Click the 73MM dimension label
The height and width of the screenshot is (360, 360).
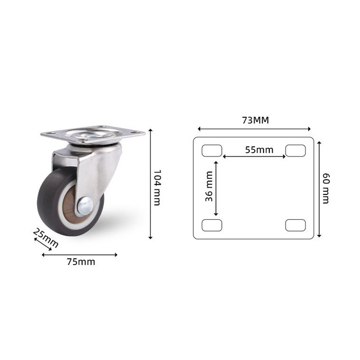pos(255,120)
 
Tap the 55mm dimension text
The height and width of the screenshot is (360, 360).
pos(259,150)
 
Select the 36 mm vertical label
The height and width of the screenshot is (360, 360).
pos(209,186)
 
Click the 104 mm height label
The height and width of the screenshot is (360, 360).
pos(157,188)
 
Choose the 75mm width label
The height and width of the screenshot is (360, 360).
pos(81,262)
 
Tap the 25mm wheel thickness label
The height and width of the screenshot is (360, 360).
pos(46,238)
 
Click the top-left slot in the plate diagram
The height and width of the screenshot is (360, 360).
pos(212,150)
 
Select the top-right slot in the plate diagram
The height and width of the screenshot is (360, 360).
pos(296,150)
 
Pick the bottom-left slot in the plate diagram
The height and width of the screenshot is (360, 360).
pos(212,225)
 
